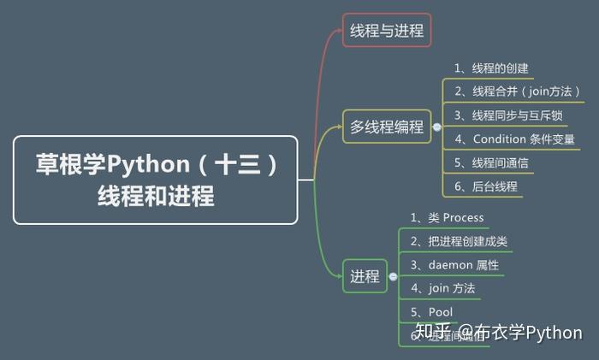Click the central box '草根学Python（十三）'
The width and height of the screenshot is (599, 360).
click(156, 163)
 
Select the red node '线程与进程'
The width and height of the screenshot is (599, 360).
click(386, 31)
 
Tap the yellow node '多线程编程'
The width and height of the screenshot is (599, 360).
click(387, 127)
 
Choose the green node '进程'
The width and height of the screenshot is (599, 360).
click(365, 276)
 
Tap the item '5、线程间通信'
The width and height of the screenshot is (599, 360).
click(491, 162)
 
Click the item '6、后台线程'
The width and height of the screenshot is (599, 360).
click(485, 186)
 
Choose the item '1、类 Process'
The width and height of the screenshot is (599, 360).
click(447, 218)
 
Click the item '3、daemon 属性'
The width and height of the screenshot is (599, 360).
click(454, 265)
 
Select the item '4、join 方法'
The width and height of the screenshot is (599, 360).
click(442, 289)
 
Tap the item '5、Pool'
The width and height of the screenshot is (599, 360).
click(431, 312)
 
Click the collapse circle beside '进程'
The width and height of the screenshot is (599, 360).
click(393, 277)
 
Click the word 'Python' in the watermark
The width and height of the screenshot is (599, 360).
click(554, 333)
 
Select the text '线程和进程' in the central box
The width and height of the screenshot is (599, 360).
click(156, 197)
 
